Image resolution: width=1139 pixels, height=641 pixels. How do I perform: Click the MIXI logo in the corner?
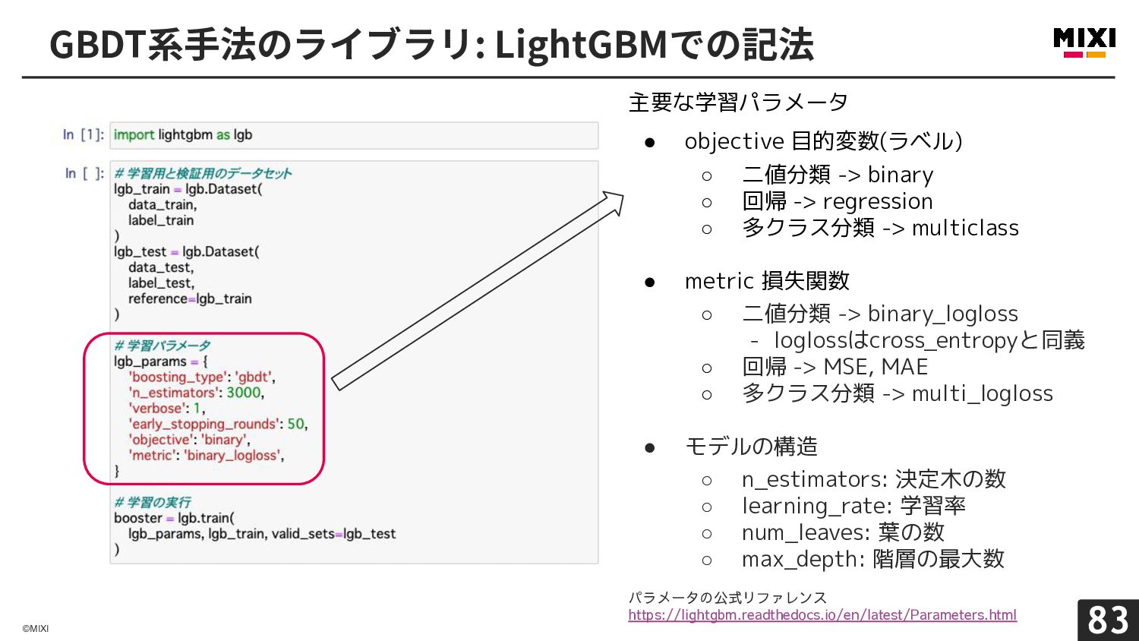pos(1084,43)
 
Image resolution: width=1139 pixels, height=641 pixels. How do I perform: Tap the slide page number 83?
pos(1108,620)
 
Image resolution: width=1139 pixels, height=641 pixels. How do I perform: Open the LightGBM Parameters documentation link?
pos(822,615)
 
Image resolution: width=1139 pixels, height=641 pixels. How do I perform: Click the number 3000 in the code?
pos(244,393)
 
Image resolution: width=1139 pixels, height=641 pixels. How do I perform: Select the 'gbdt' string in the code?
pos(253,377)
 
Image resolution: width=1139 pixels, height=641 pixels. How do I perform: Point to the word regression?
pos(878,202)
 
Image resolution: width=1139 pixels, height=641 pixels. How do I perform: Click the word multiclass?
pos(966,228)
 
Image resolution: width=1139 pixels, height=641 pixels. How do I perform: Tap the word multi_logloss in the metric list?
pos(983,393)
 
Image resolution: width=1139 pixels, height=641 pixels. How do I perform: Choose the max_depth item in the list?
pos(873,559)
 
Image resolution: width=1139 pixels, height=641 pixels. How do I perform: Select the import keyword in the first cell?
pos(134,135)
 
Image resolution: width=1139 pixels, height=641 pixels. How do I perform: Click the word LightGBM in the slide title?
pos(581,45)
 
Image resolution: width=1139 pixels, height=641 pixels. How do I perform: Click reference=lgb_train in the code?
pos(190,298)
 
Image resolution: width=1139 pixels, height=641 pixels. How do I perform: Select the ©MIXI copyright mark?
pos(36,628)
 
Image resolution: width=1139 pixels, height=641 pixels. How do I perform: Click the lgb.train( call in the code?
pos(206,519)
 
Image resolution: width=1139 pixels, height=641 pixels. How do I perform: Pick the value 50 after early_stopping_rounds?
pos(296,424)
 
